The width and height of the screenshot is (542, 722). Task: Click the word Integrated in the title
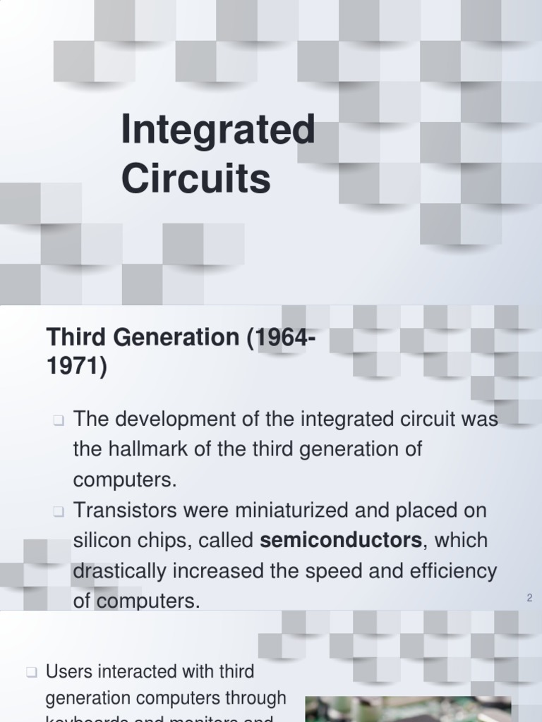point(217,132)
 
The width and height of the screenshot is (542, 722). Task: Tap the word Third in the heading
point(72,338)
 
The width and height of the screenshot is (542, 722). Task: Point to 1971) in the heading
point(76,367)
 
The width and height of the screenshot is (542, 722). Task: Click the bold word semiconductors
point(341,541)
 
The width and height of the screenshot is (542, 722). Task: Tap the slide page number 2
point(529,598)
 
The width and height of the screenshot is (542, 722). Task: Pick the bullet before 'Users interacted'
point(31,673)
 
